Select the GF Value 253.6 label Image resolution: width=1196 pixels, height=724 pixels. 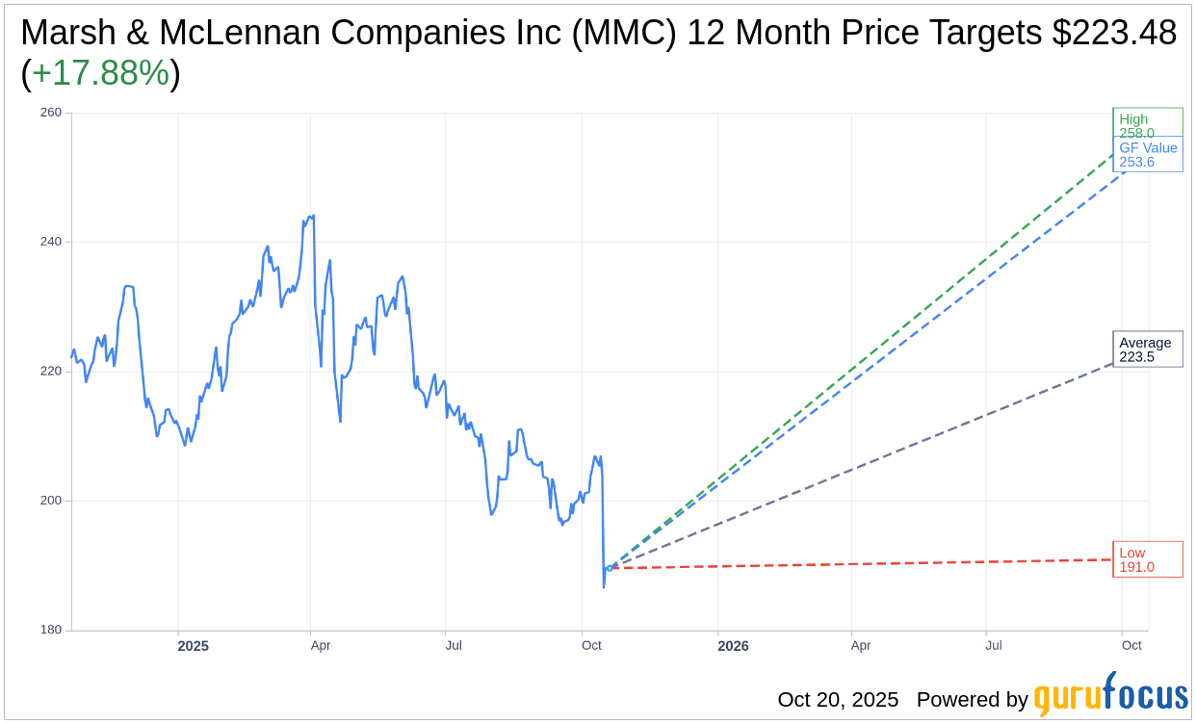[1148, 154]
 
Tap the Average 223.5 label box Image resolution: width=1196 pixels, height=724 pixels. [1147, 349]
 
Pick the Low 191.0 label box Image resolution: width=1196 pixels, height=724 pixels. [1147, 559]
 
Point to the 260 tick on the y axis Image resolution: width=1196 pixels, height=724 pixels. [50, 113]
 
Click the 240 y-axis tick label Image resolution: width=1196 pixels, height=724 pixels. [50, 242]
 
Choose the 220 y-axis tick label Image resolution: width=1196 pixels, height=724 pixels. [50, 372]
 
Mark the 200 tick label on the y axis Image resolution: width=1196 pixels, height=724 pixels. [50, 501]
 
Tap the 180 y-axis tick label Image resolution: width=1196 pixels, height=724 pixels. [50, 631]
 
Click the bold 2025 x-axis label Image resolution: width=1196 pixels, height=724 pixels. [193, 646]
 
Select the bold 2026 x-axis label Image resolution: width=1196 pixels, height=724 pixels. [733, 646]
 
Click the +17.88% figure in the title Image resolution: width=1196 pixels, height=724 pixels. [100, 74]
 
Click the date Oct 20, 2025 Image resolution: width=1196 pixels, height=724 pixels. [838, 699]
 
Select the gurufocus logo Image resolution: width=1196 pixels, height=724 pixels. [1110, 696]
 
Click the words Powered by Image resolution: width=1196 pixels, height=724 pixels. [972, 699]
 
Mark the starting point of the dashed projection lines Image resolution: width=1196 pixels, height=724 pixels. [609, 568]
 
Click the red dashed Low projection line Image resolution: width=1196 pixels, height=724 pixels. [867, 563]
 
